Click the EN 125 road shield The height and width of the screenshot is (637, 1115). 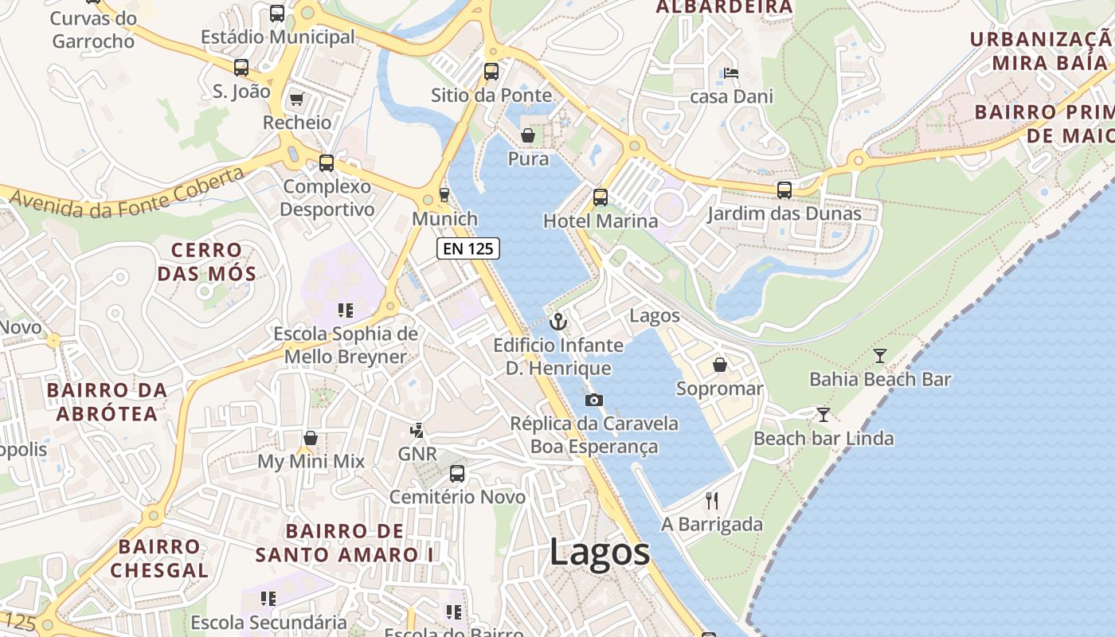tap(468, 248)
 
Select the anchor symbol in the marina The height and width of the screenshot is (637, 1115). tap(558, 322)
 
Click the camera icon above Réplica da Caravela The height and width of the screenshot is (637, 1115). tap(593, 401)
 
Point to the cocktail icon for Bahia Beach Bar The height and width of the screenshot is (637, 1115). tap(880, 355)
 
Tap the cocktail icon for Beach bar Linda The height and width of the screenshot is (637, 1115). tap(824, 414)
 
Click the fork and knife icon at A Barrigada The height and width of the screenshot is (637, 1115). tap(712, 501)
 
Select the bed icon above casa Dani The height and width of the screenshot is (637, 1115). tap(731, 73)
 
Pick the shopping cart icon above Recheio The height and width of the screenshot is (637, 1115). tap(296, 99)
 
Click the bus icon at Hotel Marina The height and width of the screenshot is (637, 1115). tap(601, 197)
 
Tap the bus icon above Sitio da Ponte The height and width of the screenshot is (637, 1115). tap(491, 71)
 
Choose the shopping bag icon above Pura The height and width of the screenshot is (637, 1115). tap(527, 135)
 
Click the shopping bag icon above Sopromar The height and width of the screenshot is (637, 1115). tap(720, 365)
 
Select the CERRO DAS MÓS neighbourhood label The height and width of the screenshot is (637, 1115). tap(207, 262)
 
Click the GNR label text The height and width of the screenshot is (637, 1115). tap(417, 454)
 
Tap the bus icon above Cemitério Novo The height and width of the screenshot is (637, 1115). tap(457, 474)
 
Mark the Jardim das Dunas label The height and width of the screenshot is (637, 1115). tap(784, 213)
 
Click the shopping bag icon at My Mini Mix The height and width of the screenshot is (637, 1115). tap(311, 438)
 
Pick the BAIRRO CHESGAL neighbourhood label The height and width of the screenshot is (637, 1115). tap(159, 558)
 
